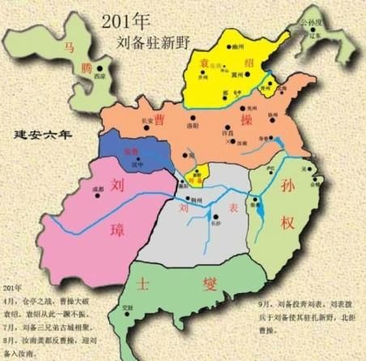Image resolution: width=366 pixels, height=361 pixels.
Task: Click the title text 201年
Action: [124, 19]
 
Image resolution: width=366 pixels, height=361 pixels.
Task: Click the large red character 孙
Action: [291, 187]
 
